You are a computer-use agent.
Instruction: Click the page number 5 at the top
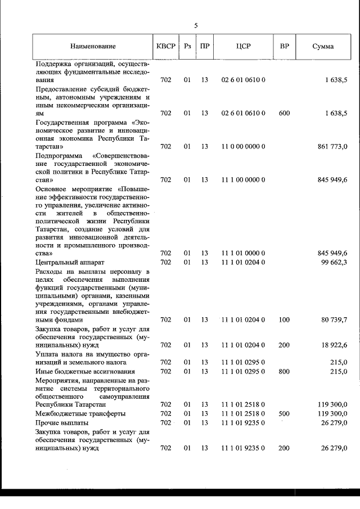pyautogui.click(x=196, y=25)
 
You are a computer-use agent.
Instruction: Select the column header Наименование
pyautogui.click(x=93, y=46)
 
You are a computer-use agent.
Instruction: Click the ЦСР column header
pyautogui.click(x=244, y=46)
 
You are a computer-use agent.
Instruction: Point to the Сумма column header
pyautogui.click(x=323, y=46)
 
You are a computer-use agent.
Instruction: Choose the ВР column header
pyautogui.click(x=284, y=46)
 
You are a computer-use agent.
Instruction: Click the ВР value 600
pyautogui.click(x=284, y=113)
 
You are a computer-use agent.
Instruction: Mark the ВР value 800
pyautogui.click(x=284, y=371)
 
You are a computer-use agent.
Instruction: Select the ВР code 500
pyautogui.click(x=284, y=413)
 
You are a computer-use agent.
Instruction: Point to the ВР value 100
pyautogui.click(x=284, y=319)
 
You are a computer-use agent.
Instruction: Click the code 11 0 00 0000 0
pyautogui.click(x=243, y=146)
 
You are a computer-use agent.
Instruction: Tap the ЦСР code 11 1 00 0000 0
pyautogui.click(x=243, y=179)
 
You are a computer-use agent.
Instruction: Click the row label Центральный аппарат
pyautogui.click(x=70, y=262)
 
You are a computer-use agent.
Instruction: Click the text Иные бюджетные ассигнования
pyautogui.click(x=85, y=371)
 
